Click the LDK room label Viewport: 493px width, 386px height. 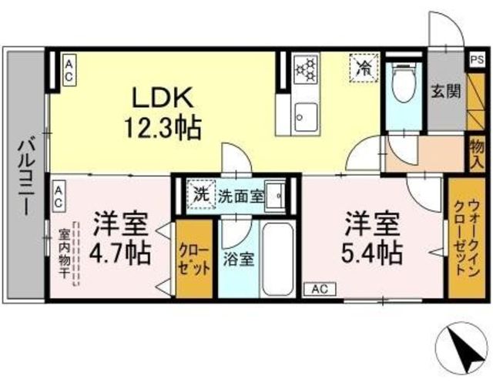(x=163, y=97)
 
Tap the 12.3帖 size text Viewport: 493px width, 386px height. (x=163, y=127)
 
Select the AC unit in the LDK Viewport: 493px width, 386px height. (x=69, y=72)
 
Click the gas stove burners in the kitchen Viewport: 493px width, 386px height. (x=306, y=69)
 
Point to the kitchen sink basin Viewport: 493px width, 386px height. (x=306, y=117)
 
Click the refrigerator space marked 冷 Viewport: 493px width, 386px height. (x=363, y=68)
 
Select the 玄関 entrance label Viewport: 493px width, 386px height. (x=446, y=91)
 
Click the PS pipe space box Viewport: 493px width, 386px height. (x=478, y=60)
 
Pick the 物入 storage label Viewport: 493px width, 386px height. (x=477, y=154)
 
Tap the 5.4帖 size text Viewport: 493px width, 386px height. (x=372, y=252)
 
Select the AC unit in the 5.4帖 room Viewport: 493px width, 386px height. (x=320, y=289)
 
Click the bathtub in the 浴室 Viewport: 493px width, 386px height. (x=277, y=259)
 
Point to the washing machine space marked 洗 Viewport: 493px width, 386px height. (x=201, y=195)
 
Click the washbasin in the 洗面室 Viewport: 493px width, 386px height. (x=274, y=196)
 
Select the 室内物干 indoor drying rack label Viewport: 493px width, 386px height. (x=64, y=253)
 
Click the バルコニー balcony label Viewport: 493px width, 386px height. (x=26, y=177)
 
